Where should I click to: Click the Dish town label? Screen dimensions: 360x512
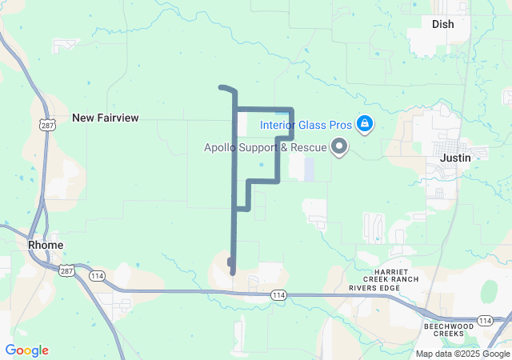point(442,24)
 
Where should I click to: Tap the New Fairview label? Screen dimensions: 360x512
point(105,118)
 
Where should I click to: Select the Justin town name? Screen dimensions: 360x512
point(455,158)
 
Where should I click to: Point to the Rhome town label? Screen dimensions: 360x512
point(46,244)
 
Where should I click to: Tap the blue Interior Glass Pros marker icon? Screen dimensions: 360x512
point(364,124)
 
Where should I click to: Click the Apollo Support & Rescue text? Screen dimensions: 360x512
point(265,147)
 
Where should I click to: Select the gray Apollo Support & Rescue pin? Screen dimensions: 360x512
point(339,146)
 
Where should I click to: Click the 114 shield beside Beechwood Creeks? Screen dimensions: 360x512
point(484,320)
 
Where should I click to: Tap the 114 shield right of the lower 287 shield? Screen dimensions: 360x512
point(96,277)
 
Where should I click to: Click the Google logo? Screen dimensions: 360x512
point(26,350)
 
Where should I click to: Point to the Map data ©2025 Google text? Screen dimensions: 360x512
point(462,354)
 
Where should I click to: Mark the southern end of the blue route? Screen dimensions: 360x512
point(233,273)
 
